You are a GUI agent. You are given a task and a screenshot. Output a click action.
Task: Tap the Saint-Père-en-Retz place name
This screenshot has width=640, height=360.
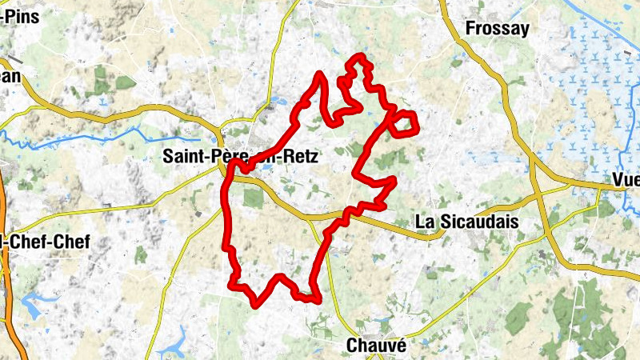pyautogui.click(x=240, y=158)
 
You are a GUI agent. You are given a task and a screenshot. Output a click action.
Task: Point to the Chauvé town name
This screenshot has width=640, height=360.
pyautogui.click(x=377, y=346)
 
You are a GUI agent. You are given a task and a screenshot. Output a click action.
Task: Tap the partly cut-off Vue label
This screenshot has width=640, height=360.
pyautogui.click(x=625, y=179)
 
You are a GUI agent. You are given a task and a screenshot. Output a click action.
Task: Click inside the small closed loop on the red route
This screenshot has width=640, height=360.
pyautogui.click(x=406, y=123)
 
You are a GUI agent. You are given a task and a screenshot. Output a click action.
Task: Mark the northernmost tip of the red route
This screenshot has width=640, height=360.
pyautogui.click(x=361, y=56)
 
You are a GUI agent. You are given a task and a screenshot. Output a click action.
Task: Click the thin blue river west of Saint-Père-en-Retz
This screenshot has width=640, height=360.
pyautogui.click(x=96, y=141)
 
